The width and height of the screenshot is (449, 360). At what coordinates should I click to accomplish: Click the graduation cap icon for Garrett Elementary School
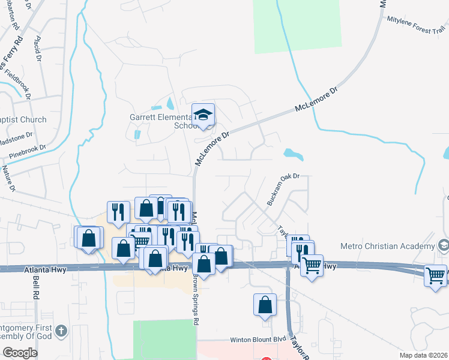click(203, 115)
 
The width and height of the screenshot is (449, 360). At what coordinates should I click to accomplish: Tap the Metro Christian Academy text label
click(387, 246)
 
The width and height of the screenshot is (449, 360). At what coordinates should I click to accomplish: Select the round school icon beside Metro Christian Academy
click(444, 245)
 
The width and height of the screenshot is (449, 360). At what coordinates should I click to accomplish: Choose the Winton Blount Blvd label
click(256, 340)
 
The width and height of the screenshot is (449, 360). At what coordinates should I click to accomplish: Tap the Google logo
click(19, 352)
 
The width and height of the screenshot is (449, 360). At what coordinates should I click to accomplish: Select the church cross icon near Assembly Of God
click(61, 331)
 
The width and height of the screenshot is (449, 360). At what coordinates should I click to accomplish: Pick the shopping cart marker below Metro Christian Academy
click(435, 276)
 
